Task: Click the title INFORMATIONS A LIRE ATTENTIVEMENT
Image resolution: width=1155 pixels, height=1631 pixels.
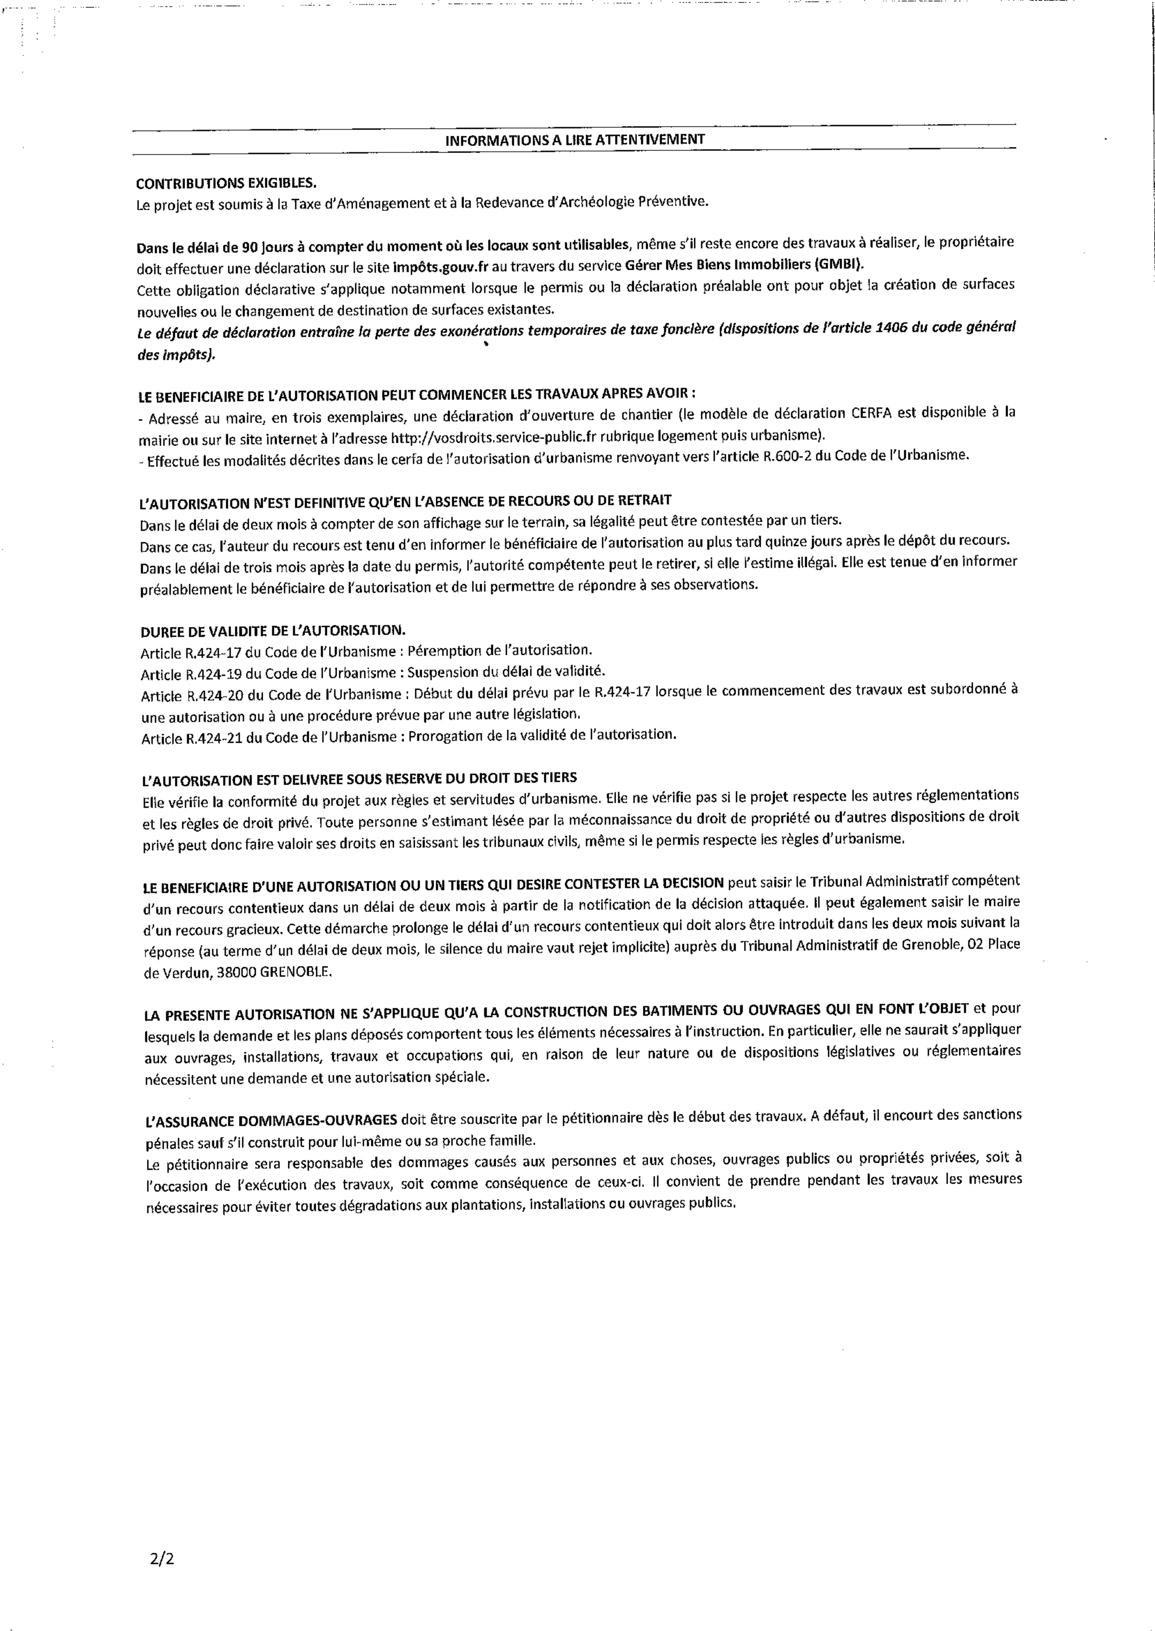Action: (x=575, y=140)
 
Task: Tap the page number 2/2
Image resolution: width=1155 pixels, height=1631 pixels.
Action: (x=162, y=1559)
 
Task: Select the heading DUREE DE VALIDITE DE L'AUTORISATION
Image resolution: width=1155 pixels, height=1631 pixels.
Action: (x=273, y=630)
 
